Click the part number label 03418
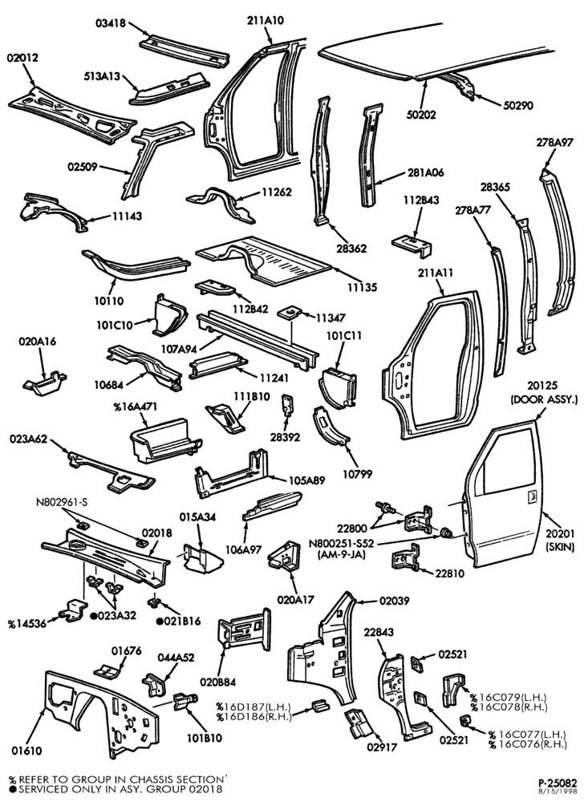pos(111,23)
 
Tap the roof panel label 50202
pos(421,114)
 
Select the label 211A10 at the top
pos(265,21)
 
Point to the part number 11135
pos(362,287)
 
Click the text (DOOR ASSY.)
pos(544,399)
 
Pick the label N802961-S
pos(61,502)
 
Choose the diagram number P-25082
pos(558,783)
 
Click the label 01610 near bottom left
pos(26,751)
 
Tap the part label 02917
pos(382,747)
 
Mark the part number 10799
pos(358,474)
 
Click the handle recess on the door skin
pos(532,495)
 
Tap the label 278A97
pos(555,143)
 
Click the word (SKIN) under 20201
pos(561,546)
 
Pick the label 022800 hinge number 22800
pos(352,528)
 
